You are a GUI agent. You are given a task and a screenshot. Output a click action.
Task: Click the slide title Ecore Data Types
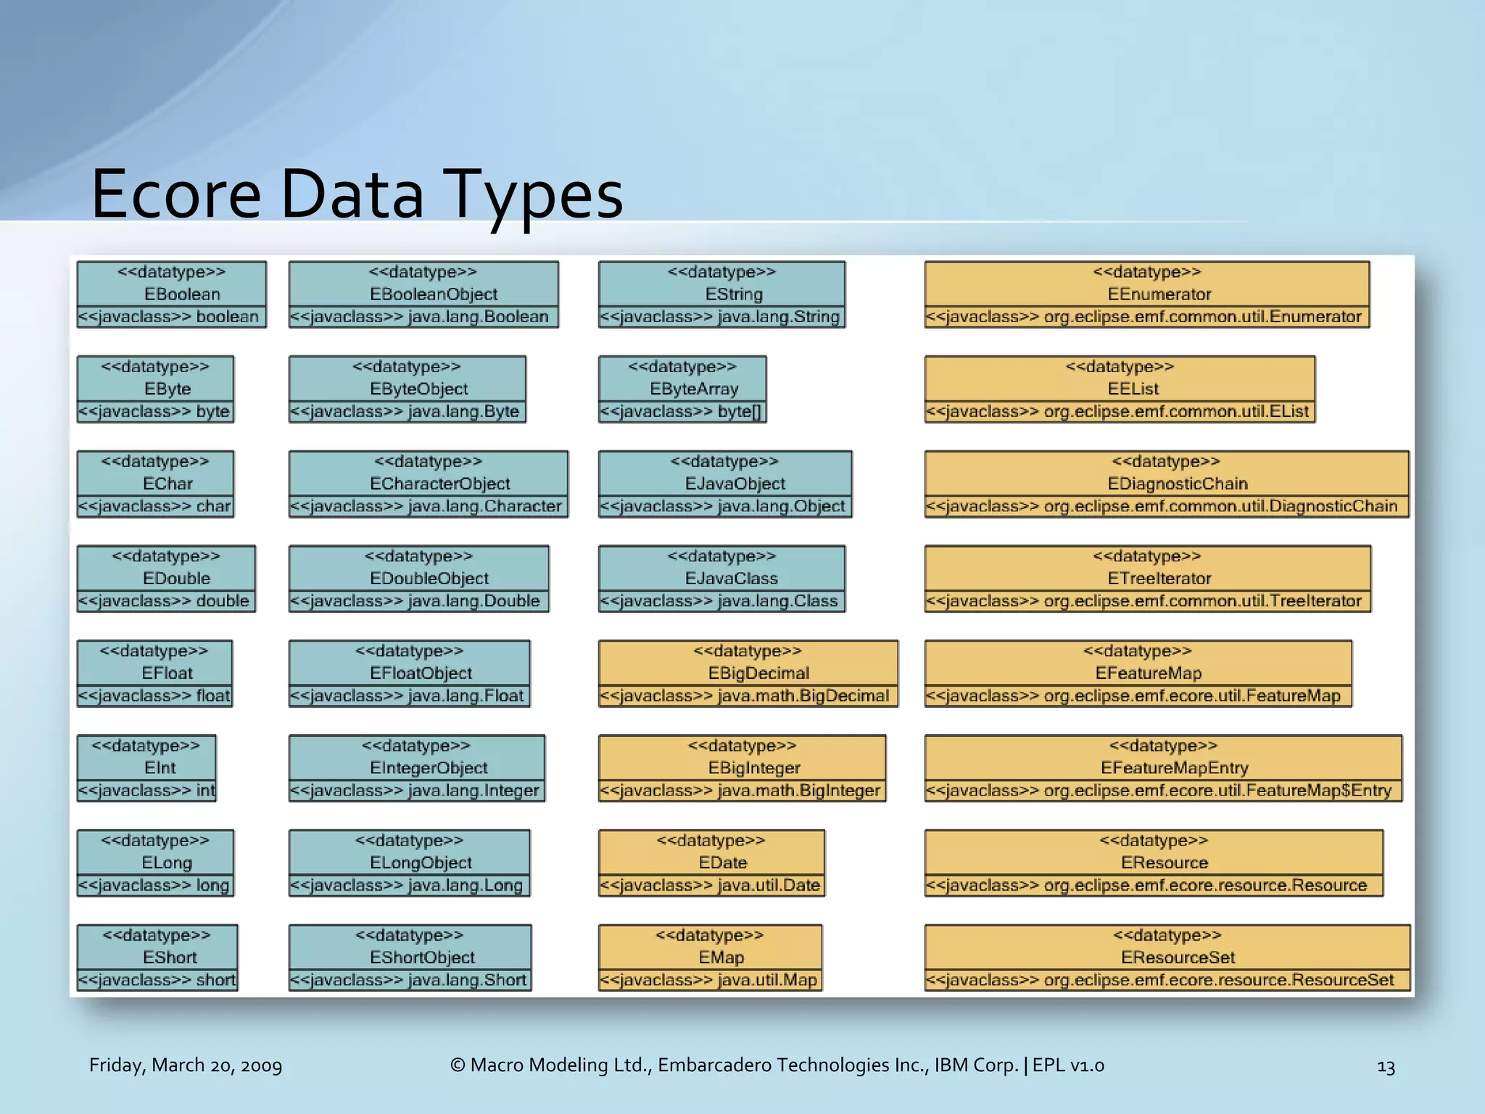coord(357,194)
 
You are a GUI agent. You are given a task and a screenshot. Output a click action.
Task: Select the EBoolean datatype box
coord(172,294)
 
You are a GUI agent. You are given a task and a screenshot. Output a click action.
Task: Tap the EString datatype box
coord(721,294)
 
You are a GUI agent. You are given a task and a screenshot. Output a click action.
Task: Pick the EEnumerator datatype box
coord(1147,294)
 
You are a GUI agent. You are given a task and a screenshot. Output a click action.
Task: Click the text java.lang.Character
coord(485,506)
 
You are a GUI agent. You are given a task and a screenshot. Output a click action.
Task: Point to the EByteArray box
coord(682,389)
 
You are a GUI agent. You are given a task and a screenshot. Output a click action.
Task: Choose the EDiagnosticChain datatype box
coord(1167,484)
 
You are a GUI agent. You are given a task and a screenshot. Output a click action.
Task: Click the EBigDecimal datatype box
coord(748,673)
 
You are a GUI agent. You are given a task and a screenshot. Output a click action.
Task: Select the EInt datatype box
coord(146,768)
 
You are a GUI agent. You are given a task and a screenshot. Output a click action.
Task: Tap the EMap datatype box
coord(711,957)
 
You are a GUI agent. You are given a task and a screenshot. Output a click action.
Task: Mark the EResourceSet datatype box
coord(1167,957)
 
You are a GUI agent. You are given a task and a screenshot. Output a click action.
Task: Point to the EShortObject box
coord(410,957)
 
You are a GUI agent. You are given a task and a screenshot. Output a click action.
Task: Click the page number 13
coord(1386,1067)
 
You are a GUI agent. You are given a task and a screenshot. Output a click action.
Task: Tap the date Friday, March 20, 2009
coord(186,1065)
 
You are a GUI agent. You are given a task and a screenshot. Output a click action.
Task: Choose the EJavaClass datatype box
coord(721,578)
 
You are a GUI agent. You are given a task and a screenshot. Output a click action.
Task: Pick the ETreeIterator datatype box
coord(1148,578)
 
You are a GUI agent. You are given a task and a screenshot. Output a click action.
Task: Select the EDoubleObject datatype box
coord(418,578)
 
